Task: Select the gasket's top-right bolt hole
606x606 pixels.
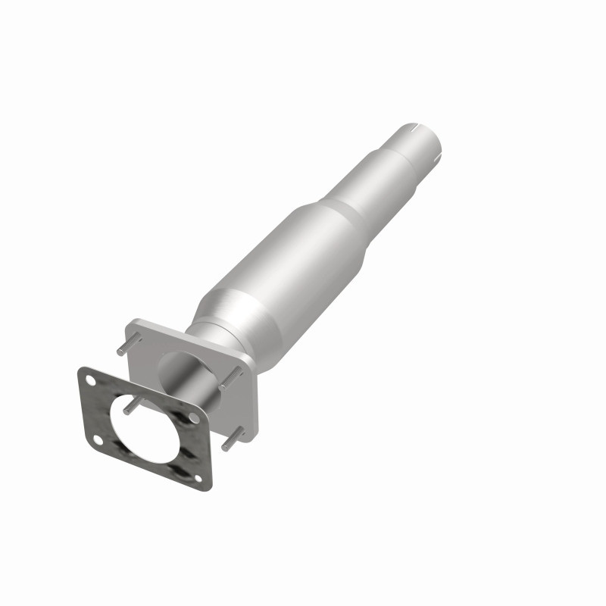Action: [195, 417]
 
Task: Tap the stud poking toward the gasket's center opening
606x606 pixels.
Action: [130, 407]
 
